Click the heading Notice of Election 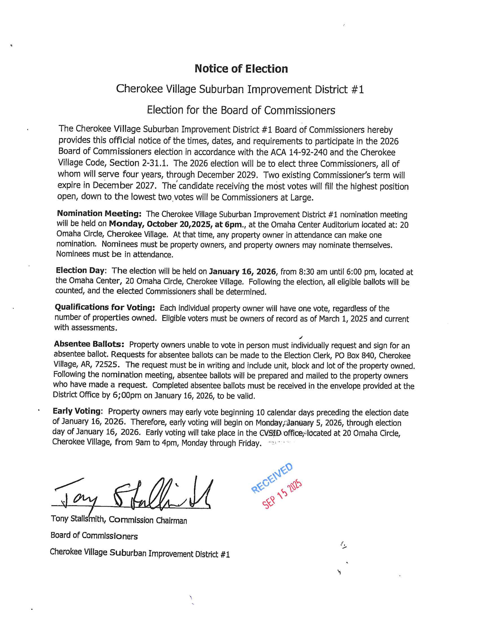coord(241,69)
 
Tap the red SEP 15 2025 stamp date coord(282,495)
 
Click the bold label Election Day coord(80,270)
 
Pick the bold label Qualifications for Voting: coord(105,307)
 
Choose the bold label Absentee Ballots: coord(89,344)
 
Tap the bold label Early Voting coord(77,411)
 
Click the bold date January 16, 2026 coord(242,272)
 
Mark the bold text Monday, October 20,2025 coord(161,224)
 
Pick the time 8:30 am coord(313,272)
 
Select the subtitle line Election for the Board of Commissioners coord(241,110)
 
